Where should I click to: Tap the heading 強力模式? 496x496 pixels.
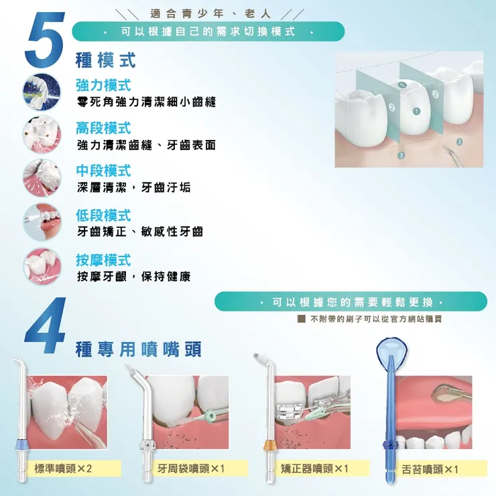pos(103,85)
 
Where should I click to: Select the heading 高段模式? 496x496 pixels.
pos(103,128)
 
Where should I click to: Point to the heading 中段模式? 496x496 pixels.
pos(103,171)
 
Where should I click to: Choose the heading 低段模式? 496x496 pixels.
pos(103,215)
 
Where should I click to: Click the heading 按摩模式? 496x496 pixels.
pos(103,259)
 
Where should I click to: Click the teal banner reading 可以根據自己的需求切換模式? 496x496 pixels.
pos(208,32)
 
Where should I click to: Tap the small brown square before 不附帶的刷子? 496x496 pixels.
pos(302,320)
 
